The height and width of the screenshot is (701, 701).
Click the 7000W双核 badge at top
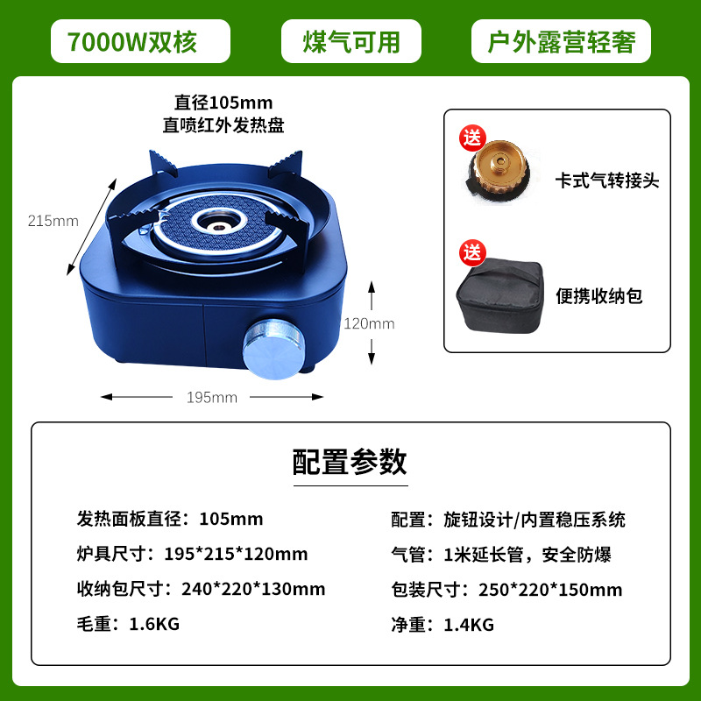(140, 41)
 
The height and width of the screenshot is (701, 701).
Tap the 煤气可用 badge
(351, 41)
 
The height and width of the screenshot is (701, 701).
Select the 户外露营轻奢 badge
(561, 41)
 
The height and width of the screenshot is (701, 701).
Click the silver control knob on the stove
(273, 349)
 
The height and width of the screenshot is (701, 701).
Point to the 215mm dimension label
(53, 221)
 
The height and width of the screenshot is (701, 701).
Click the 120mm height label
(369, 323)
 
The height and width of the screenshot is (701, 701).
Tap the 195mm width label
(212, 398)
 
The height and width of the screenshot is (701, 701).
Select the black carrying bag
(499, 295)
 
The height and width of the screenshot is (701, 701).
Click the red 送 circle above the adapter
(472, 138)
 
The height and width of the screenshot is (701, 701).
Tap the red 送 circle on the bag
(472, 253)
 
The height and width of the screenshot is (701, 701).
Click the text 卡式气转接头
(607, 181)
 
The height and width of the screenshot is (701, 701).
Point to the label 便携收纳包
(599, 296)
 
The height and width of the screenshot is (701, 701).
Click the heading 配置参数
(350, 462)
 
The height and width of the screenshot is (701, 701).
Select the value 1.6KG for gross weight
(154, 624)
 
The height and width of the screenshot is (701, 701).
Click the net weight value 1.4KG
(469, 625)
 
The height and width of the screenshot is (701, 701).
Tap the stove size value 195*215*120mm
(236, 554)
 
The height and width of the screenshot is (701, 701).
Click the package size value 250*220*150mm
(550, 590)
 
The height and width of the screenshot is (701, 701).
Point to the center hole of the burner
(218, 227)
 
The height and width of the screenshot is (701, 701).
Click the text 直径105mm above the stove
(223, 103)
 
